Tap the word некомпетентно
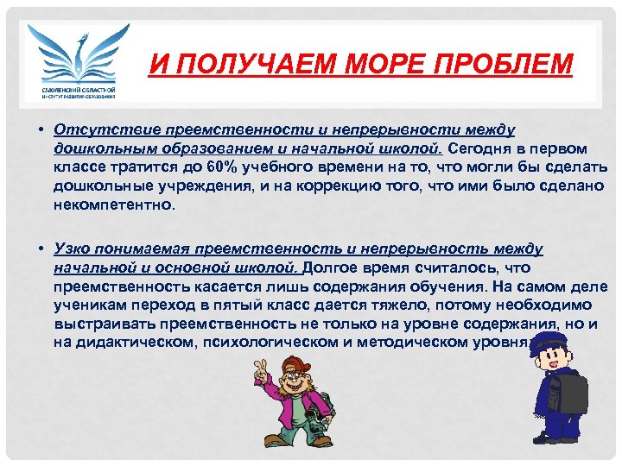(x=113, y=206)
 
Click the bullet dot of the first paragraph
(x=41, y=129)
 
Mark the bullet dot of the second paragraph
(x=41, y=249)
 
